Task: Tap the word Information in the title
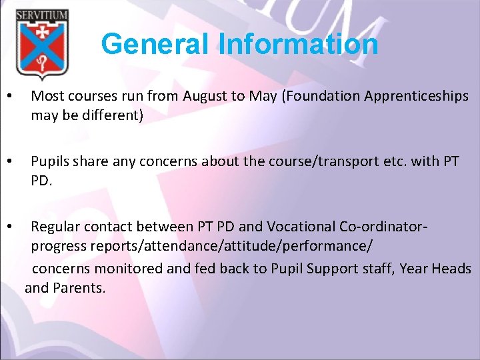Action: coord(298,45)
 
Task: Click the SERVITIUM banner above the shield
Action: coord(41,15)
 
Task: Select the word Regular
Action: coord(55,227)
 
